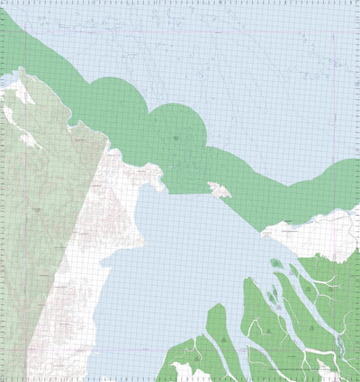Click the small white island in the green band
[x=219, y=190]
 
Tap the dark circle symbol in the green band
[x=175, y=137]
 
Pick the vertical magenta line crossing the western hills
[x=25, y=225]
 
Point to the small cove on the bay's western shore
[x=106, y=261]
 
